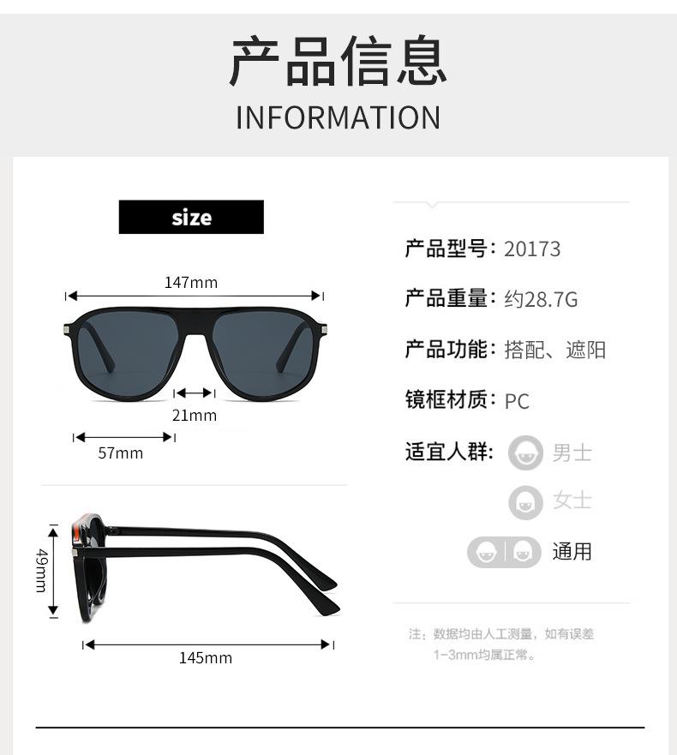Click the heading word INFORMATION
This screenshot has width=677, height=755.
pos(338,117)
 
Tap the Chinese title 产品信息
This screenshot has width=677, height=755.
pos(338,62)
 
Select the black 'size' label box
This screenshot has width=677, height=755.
pos(191,217)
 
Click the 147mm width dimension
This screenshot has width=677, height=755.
pos(191,282)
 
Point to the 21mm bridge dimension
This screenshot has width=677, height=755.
pos(195,416)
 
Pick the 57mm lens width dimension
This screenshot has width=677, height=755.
pos(120,452)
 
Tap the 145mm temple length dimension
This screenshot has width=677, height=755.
pos(206,658)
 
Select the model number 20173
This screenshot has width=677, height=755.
pos(532,249)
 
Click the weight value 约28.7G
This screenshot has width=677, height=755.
pos(541,299)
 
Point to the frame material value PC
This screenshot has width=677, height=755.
pos(517,400)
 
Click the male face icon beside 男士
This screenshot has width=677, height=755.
pos(525,452)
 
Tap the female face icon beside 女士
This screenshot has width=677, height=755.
pos(525,502)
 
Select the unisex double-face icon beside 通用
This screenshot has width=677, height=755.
pos(504,552)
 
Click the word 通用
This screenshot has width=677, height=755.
pos(572,552)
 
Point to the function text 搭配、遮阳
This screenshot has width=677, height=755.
pos(555,350)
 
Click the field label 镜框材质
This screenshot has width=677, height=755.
pos(446,399)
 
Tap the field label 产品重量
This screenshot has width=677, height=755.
pos(446,299)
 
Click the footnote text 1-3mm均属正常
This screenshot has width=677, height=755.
pos(484,656)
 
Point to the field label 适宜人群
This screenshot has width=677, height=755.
pos(446,452)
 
